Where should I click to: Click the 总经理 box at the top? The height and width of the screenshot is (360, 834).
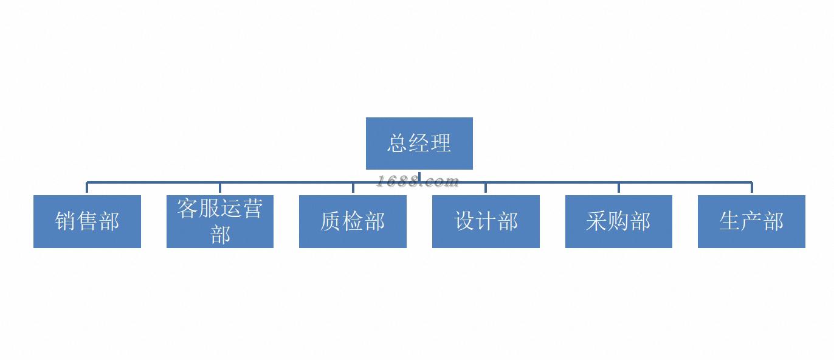pos(419,144)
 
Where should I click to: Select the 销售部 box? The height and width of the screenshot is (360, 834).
pos(87,221)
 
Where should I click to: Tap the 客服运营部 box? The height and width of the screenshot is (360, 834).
pos(220,221)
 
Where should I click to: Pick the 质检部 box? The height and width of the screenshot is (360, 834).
pos(353,221)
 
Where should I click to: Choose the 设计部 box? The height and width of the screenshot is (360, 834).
pos(486,221)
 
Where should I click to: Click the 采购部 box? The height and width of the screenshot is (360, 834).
pos(618,221)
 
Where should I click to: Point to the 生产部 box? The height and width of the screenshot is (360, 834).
pos(751,221)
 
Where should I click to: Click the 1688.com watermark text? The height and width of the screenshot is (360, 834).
pos(417,181)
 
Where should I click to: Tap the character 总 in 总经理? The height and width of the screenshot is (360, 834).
pos(398,144)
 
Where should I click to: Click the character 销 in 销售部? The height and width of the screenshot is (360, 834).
pos(66,221)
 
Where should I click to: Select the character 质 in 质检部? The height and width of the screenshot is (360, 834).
pos(331,221)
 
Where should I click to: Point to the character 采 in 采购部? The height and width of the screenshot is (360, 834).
pos(597,221)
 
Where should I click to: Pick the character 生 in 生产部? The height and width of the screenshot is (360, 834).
pos(730,221)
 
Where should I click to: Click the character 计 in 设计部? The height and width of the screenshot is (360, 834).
pos(486,221)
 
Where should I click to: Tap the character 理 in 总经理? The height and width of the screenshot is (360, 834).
pos(441,144)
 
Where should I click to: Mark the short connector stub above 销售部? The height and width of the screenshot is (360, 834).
pos(87,188)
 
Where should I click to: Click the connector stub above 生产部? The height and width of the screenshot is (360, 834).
pos(751,188)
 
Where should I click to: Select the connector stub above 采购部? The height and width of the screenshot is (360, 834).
pos(618,188)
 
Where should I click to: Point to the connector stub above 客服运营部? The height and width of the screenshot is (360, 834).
pos(220,188)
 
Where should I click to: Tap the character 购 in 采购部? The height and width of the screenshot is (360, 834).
pos(618,221)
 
